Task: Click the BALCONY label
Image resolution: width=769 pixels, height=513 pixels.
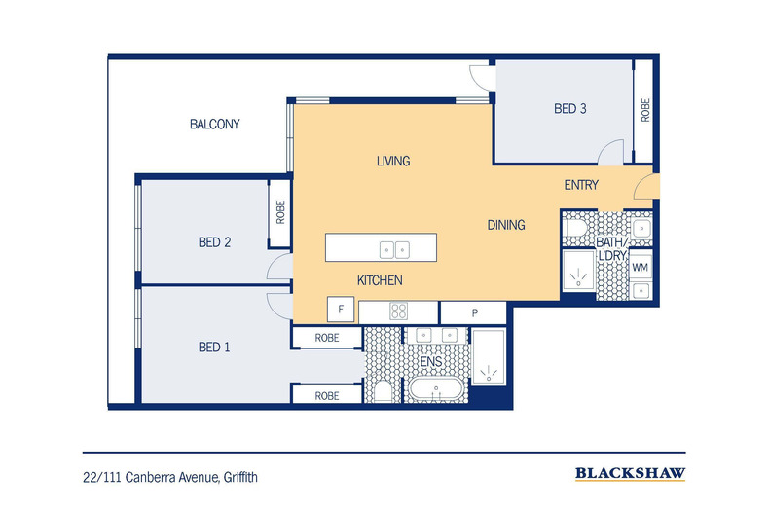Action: click(214, 125)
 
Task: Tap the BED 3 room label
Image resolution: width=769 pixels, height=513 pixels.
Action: click(569, 109)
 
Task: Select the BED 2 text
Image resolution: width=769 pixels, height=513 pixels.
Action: click(214, 242)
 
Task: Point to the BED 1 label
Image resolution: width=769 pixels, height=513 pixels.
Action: click(214, 347)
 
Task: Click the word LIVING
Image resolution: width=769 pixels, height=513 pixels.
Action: click(393, 161)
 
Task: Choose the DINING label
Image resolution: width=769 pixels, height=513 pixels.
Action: click(505, 225)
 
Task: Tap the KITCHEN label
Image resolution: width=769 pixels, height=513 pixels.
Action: click(380, 280)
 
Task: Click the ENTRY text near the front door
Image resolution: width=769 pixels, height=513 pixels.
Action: click(581, 185)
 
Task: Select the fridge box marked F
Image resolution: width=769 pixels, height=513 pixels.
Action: click(341, 311)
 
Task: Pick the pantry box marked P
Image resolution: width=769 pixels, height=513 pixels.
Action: click(474, 312)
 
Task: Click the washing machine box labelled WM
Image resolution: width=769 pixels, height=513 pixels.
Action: click(641, 267)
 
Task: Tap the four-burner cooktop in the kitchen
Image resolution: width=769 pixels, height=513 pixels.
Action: click(399, 311)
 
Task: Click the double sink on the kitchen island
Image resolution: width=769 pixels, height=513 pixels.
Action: click(394, 249)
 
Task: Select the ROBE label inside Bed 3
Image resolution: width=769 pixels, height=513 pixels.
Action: click(644, 109)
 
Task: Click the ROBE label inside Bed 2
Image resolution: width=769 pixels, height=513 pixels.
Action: click(280, 212)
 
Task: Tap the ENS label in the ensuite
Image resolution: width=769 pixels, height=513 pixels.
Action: click(431, 362)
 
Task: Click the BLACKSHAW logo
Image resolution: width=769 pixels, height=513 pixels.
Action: click(630, 474)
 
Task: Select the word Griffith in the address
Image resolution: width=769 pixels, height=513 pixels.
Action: click(239, 477)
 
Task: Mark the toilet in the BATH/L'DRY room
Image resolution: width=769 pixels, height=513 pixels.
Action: click(576, 228)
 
